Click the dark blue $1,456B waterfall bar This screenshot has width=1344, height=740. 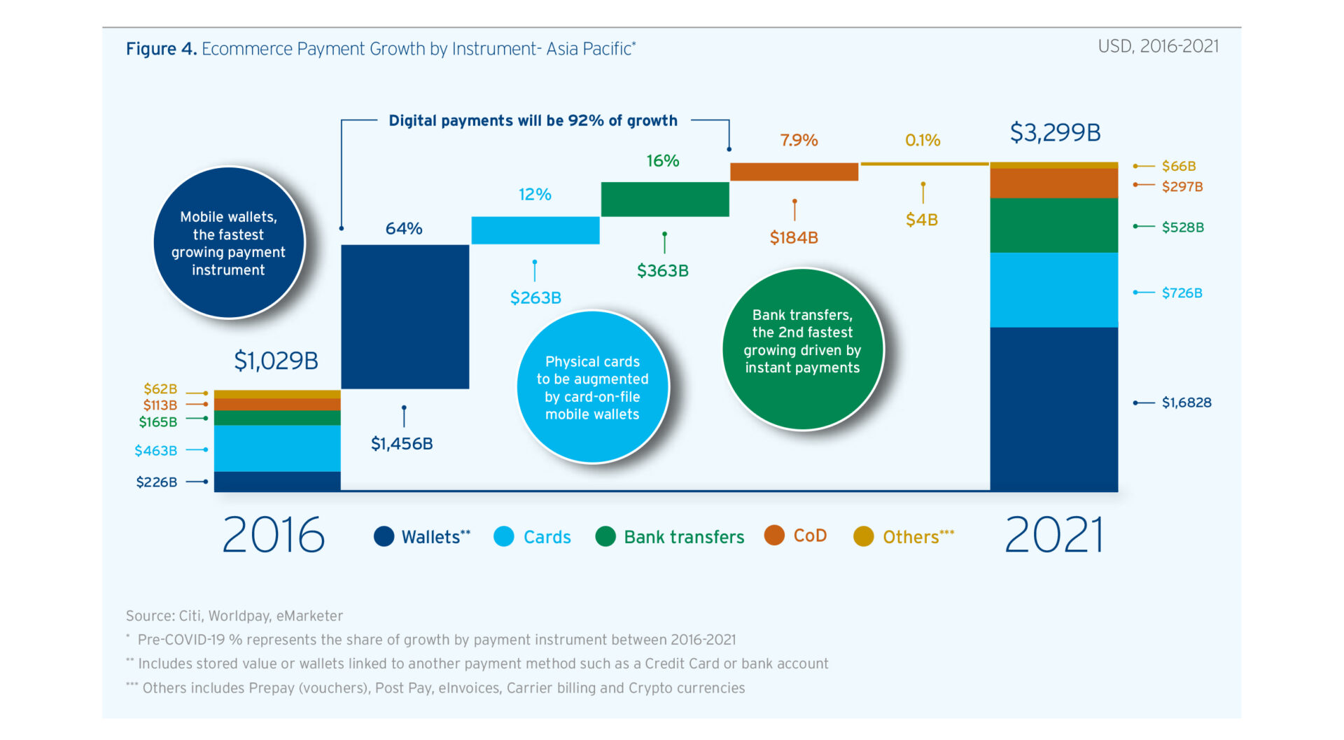tap(405, 316)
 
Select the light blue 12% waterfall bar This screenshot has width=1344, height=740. tap(535, 230)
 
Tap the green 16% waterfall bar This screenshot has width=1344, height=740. tap(665, 200)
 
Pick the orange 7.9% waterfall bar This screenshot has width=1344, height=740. tap(794, 172)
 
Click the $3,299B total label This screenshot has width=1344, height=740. tap(1055, 132)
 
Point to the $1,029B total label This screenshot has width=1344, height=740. tap(276, 361)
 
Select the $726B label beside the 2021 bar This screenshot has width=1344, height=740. tap(1182, 293)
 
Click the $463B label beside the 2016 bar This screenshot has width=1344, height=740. tap(155, 450)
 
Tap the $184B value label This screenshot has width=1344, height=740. tap(794, 237)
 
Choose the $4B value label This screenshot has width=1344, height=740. tap(922, 220)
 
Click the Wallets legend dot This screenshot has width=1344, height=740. tap(384, 536)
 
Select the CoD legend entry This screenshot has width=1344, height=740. tap(796, 536)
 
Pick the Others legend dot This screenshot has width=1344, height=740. tap(864, 536)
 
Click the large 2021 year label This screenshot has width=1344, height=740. tap(1054, 535)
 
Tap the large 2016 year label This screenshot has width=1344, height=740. tap(274, 535)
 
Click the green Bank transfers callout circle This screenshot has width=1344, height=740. tap(803, 349)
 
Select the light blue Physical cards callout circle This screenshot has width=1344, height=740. tap(592, 387)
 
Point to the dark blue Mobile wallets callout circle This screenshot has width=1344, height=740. tap(229, 242)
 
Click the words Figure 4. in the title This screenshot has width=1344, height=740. tap(161, 48)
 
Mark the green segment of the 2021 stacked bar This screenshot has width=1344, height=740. tap(1054, 225)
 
